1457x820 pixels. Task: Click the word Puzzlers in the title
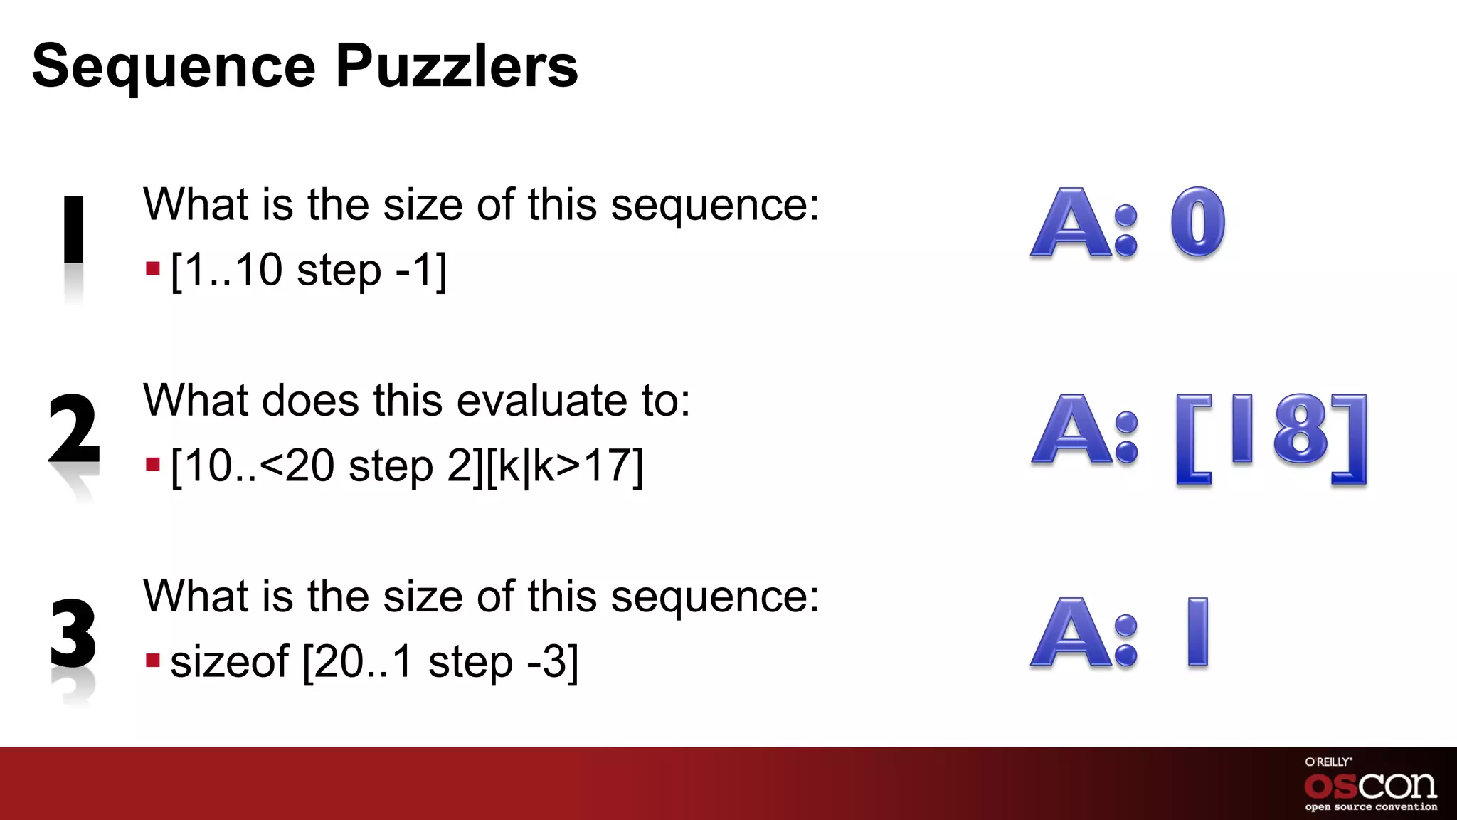456,66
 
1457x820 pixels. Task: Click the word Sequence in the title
174,66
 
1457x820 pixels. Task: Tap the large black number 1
74,229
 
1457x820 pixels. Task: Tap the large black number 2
73,429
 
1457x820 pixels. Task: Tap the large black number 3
73,632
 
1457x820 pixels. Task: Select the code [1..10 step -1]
309,270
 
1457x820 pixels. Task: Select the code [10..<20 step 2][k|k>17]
407,466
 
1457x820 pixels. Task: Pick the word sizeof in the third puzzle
230,661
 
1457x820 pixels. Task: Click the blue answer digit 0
1198,222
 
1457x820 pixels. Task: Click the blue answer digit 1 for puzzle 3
1197,631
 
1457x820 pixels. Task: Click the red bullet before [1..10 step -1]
152,269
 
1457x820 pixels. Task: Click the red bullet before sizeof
152,661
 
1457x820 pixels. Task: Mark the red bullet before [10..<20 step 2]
152,466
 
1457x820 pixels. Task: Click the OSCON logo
1370,786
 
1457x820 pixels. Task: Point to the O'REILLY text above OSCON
1328,762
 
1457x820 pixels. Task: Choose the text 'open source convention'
1371,807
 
